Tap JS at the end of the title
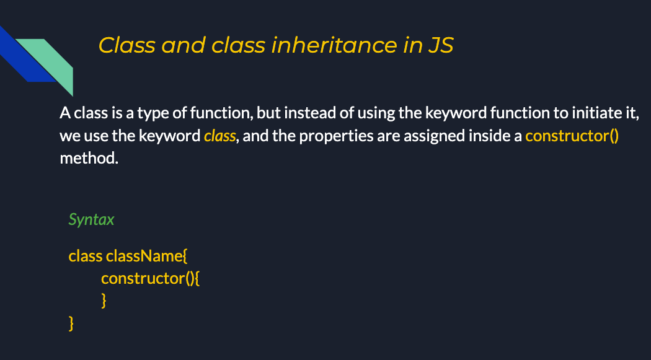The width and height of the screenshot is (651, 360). pyautogui.click(x=440, y=45)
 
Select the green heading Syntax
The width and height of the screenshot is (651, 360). pyautogui.click(x=91, y=219)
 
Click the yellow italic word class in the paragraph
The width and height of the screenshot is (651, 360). pyautogui.click(x=219, y=136)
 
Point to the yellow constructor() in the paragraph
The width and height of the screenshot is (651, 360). pyautogui.click(x=572, y=136)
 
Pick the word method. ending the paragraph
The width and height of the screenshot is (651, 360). pyautogui.click(x=89, y=158)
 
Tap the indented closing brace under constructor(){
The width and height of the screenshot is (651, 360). pyautogui.click(x=104, y=301)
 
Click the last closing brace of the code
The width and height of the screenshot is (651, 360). pyautogui.click(x=71, y=323)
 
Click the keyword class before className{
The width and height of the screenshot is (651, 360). pyautogui.click(x=86, y=256)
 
